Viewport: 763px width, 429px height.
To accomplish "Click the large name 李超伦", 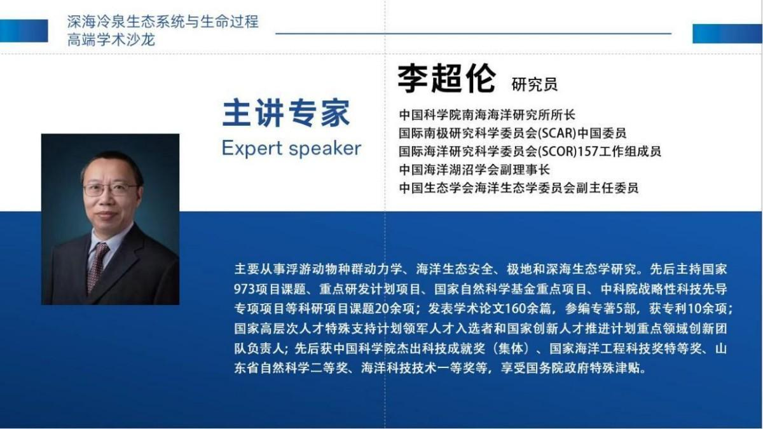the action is (x=446, y=78).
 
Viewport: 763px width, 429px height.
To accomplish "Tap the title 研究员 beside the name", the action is (x=535, y=84).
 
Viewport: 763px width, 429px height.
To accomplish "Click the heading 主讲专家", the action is (x=286, y=113).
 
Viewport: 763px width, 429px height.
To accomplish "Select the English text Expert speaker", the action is (x=292, y=149).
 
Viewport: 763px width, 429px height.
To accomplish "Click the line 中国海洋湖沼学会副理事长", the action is (x=474, y=170).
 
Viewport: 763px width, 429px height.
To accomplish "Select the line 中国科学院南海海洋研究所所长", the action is (x=487, y=115).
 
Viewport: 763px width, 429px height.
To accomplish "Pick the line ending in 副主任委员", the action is (x=519, y=187).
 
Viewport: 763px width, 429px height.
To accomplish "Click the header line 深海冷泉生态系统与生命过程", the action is (x=163, y=22).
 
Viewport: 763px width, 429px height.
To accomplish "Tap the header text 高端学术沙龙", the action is (x=111, y=39).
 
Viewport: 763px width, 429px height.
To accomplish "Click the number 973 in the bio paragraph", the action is (x=244, y=289).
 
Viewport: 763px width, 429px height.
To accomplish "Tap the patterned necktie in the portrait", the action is (x=97, y=268).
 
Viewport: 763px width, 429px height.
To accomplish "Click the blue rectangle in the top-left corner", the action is (x=24, y=31).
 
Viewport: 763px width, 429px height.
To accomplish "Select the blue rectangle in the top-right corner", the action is (x=727, y=34).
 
